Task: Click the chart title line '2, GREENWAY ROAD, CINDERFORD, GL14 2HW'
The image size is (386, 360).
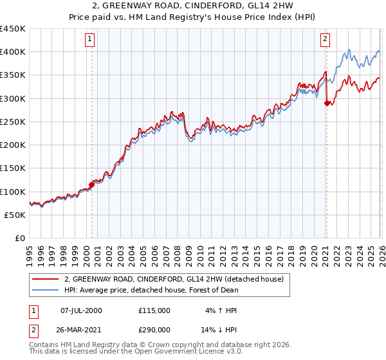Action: pos(193,6)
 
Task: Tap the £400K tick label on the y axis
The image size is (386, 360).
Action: pos(14,52)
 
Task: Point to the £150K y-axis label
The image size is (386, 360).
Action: pos(14,168)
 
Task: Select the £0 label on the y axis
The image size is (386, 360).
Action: pos(20,239)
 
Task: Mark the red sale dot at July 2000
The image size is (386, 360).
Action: pos(91,184)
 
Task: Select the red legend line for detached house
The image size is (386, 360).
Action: pos(45,280)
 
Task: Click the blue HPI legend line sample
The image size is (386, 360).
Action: pos(45,290)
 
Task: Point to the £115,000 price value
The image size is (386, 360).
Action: pos(154,310)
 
